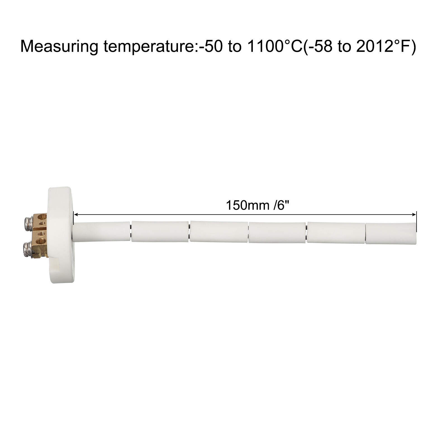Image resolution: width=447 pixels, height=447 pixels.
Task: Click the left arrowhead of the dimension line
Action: (76, 215)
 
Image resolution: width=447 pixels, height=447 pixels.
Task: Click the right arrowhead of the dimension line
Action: (414, 215)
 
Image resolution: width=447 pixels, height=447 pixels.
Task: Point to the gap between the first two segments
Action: (131, 231)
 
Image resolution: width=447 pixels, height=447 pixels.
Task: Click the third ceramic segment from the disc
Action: (218, 232)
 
